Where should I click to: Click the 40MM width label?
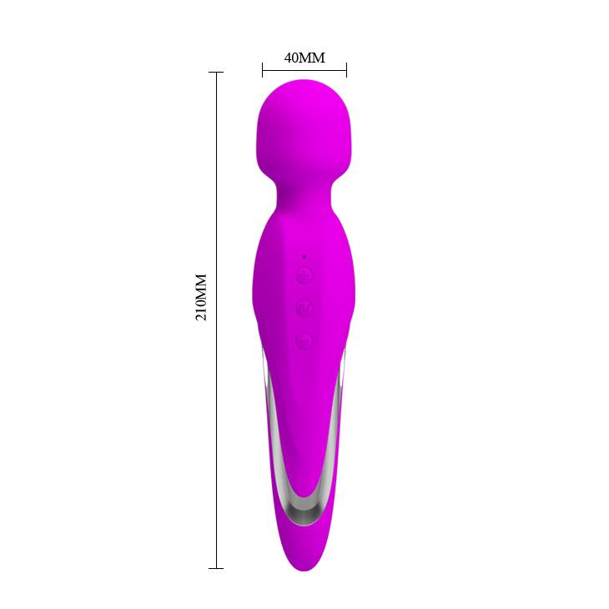click(x=304, y=58)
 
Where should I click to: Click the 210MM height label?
click(x=201, y=298)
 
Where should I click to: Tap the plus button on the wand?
click(x=304, y=276)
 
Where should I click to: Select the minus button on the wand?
click(x=304, y=340)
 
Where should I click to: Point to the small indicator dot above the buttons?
click(x=304, y=256)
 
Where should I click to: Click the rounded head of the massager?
click(x=304, y=125)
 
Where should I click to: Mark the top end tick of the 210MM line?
click(x=216, y=73)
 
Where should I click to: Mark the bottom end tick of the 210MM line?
click(x=216, y=568)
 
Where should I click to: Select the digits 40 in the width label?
click(x=292, y=58)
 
